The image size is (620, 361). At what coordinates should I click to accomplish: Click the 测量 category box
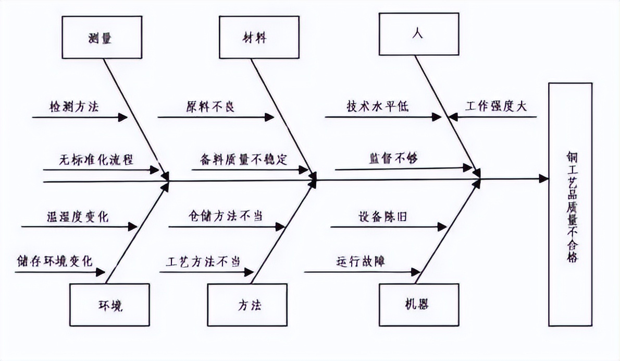pos(101,37)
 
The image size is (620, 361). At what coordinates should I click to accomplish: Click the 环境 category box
pos(110,305)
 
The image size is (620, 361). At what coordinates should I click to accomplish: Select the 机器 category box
pos(419,305)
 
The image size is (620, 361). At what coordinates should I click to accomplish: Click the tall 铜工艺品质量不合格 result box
pos(570,204)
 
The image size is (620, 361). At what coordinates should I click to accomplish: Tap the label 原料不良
pos(210,107)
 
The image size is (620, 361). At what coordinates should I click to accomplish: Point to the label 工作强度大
pos(495,106)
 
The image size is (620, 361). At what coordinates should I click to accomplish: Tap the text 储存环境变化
pos(54,260)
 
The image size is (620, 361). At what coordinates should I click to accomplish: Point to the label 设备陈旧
pos(382,216)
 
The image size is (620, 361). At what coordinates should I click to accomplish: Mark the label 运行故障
pos(361,260)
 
